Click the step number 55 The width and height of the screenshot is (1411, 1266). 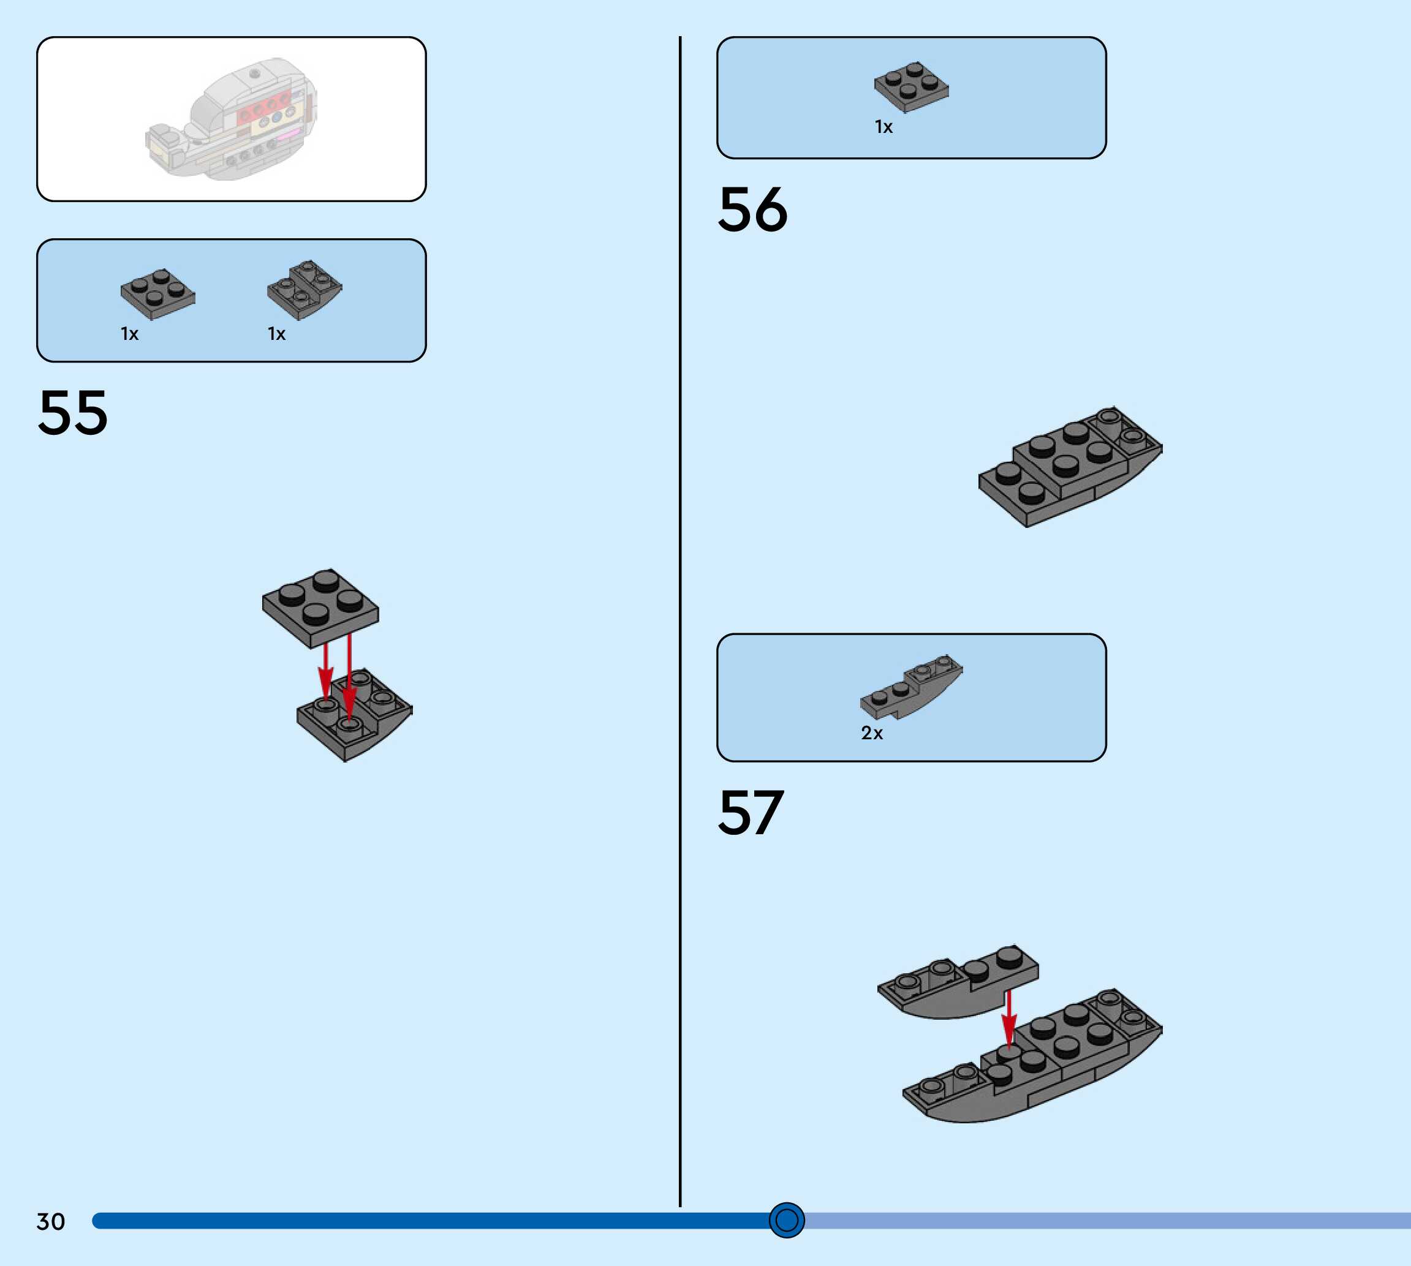coord(73,413)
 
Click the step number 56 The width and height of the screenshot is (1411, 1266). coord(752,209)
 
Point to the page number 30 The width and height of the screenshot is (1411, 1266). coord(50,1221)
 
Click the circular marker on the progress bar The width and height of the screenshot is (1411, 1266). coord(786,1220)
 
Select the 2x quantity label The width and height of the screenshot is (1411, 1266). coord(871,733)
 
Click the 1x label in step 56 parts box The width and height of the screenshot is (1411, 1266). coord(883,127)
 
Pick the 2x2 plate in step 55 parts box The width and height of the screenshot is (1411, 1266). coord(158,293)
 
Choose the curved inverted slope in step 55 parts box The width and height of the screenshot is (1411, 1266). coord(304,289)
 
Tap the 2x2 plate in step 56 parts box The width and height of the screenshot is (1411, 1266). coord(912,86)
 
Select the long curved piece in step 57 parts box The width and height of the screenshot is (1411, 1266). coord(912,687)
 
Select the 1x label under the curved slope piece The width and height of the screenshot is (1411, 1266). coord(276,334)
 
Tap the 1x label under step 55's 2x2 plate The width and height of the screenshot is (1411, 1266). coord(129,334)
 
